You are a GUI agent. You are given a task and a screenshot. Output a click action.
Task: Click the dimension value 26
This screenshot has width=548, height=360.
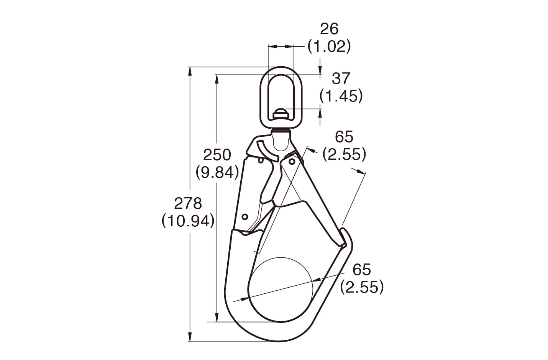pos(330,29)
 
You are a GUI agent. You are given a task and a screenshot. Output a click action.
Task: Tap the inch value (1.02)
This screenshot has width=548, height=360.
pos(330,47)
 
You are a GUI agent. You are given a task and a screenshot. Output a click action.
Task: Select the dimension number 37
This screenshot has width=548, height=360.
pos(341,79)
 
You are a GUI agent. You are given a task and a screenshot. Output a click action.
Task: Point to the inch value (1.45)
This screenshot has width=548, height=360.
pos(341,96)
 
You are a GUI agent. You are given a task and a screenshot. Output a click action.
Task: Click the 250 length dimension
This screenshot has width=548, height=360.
pos(217,155)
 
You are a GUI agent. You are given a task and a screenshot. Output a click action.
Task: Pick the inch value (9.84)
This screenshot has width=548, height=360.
pos(217,172)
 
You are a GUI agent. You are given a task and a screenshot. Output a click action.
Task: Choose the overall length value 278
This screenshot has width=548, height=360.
pos(188,203)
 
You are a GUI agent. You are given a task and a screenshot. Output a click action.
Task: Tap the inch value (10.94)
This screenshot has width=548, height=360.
pos(188,221)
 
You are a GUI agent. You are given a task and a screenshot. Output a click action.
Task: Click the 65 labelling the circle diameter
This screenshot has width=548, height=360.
pos(362,270)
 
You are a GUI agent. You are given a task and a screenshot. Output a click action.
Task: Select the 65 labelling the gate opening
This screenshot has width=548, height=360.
pos(344,137)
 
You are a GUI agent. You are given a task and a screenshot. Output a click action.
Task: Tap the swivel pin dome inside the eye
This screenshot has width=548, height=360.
pos(281,114)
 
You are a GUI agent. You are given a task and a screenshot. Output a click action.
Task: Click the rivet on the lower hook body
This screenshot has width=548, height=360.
pos(245,216)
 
